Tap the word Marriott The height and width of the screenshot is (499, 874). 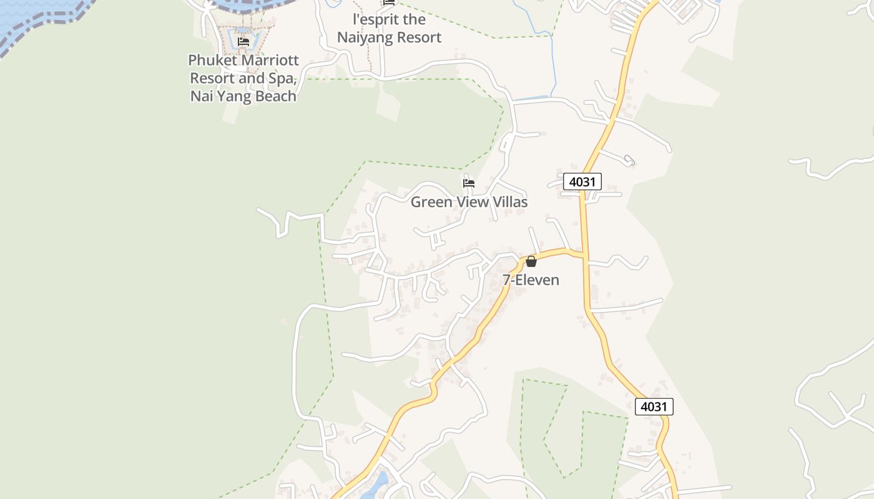(x=270, y=61)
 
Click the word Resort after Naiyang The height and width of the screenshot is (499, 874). (x=418, y=37)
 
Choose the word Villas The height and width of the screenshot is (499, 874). (x=506, y=202)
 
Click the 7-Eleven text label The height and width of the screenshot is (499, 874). (x=531, y=280)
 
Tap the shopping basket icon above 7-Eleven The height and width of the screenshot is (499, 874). (x=531, y=261)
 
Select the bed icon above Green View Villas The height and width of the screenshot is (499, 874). (x=469, y=183)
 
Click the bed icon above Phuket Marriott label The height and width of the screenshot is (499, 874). (x=243, y=42)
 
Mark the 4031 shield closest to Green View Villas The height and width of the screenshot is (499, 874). (x=582, y=182)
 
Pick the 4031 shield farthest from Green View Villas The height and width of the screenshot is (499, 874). (x=654, y=407)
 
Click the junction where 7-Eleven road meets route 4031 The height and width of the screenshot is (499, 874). (x=585, y=254)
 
